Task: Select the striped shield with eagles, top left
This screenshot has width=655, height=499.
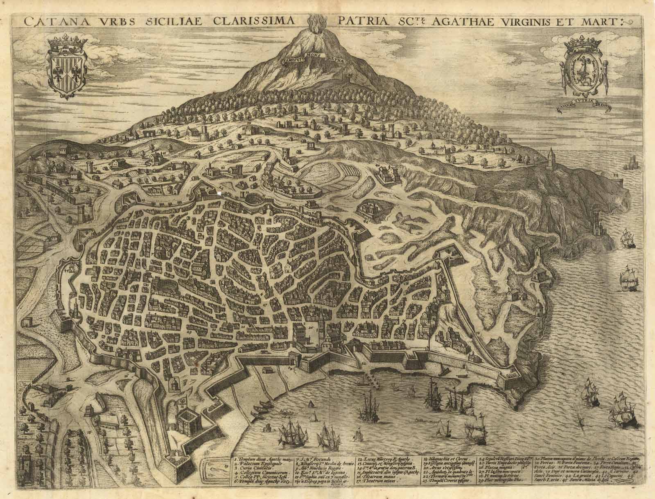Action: [x=67, y=70]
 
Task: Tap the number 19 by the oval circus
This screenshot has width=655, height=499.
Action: [x=226, y=478]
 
